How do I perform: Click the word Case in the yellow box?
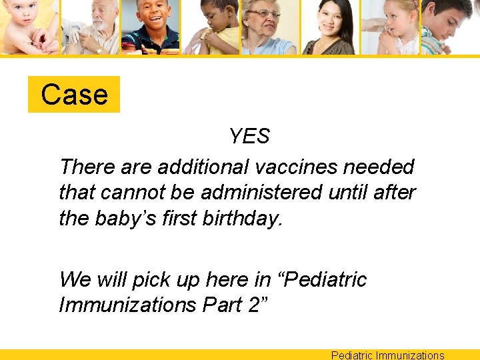point(74,95)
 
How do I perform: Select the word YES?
point(249,137)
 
